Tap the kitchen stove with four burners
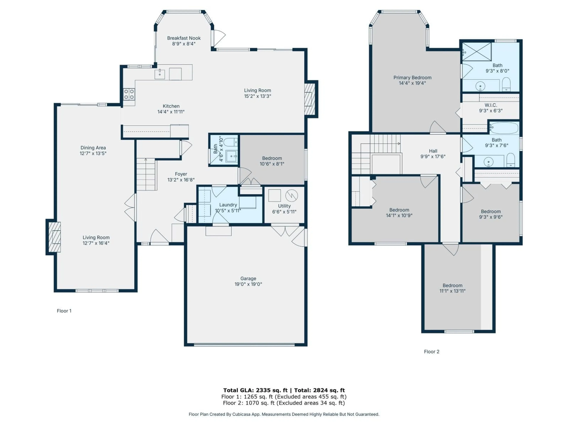click(x=129, y=94)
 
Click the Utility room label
click(x=284, y=206)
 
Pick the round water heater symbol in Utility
click(x=291, y=196)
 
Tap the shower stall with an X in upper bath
click(x=477, y=52)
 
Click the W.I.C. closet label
click(x=491, y=105)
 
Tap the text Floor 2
click(x=431, y=352)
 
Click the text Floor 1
click(x=64, y=311)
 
